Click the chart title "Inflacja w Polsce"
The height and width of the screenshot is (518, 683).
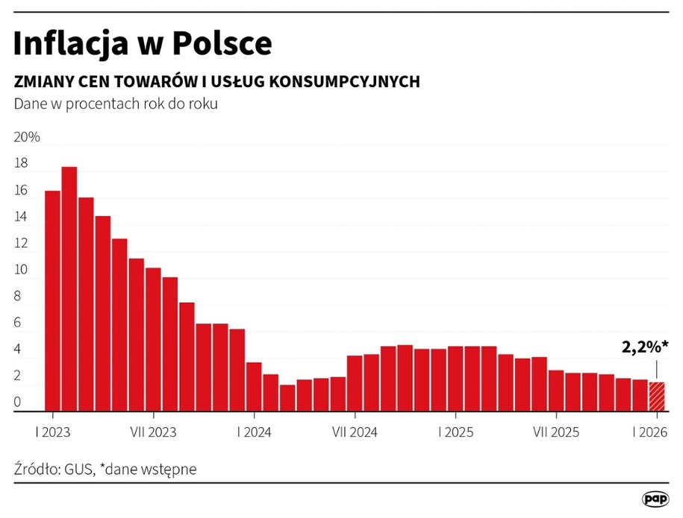point(143,44)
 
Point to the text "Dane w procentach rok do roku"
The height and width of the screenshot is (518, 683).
point(116,104)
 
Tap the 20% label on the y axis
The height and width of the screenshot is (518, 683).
point(27,138)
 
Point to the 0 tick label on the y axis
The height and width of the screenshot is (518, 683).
point(18,403)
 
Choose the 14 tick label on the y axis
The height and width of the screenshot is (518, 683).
point(21,218)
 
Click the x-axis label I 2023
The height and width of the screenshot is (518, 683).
point(52,432)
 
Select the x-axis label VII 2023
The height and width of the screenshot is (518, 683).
point(153,432)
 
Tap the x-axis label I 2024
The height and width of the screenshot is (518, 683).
point(254,432)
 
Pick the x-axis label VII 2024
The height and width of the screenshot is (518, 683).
point(354,432)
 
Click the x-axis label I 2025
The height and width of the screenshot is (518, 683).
point(455,432)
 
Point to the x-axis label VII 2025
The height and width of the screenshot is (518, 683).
point(555,432)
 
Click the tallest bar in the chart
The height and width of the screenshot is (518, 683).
point(69,291)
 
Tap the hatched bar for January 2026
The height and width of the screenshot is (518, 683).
point(656,397)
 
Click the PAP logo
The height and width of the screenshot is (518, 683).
point(655,499)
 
